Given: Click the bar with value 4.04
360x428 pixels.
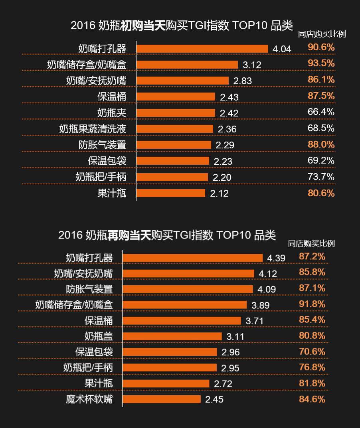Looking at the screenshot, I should [202, 49].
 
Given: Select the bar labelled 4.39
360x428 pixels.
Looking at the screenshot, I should [192, 258].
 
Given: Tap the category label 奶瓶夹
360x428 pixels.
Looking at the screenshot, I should [112, 112].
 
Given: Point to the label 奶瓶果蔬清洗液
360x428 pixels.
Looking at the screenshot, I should [93, 129].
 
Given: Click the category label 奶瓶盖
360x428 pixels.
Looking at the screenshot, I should [99, 336].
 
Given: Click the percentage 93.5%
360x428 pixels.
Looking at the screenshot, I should [321, 63].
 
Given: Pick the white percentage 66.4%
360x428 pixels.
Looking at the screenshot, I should [321, 112].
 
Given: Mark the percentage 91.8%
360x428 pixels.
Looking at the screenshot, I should [312, 304].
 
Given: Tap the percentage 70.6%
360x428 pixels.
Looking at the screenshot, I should [312, 351].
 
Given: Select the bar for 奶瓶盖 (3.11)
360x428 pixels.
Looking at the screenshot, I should [172, 336].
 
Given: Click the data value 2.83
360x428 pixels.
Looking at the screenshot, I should [243, 81].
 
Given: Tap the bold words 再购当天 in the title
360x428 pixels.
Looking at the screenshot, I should [129, 235].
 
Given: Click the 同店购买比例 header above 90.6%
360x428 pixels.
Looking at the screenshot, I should [322, 34].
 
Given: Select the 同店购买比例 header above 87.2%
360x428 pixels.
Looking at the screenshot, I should [311, 244].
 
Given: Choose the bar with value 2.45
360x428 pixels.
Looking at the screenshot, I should [162, 399].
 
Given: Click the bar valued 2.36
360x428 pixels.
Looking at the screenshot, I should [175, 129].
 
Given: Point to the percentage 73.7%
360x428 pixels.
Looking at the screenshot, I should [321, 177].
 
